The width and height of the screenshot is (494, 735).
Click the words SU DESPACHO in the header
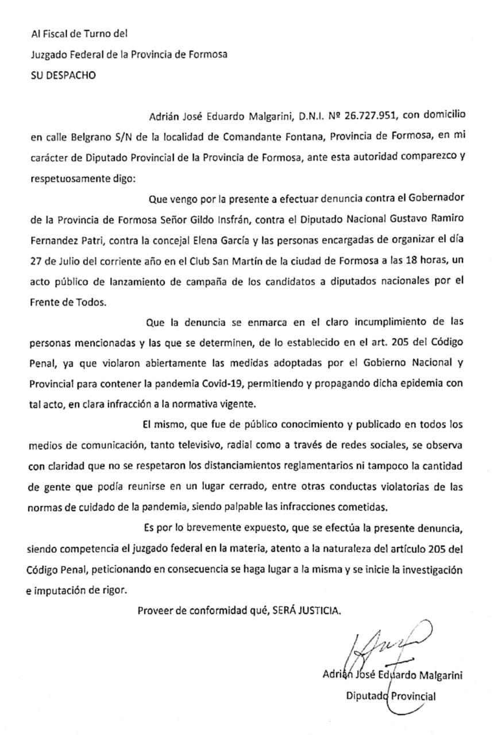point(63,75)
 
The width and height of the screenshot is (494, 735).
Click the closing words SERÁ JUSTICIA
point(310,610)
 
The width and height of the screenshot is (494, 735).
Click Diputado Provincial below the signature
point(390,697)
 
